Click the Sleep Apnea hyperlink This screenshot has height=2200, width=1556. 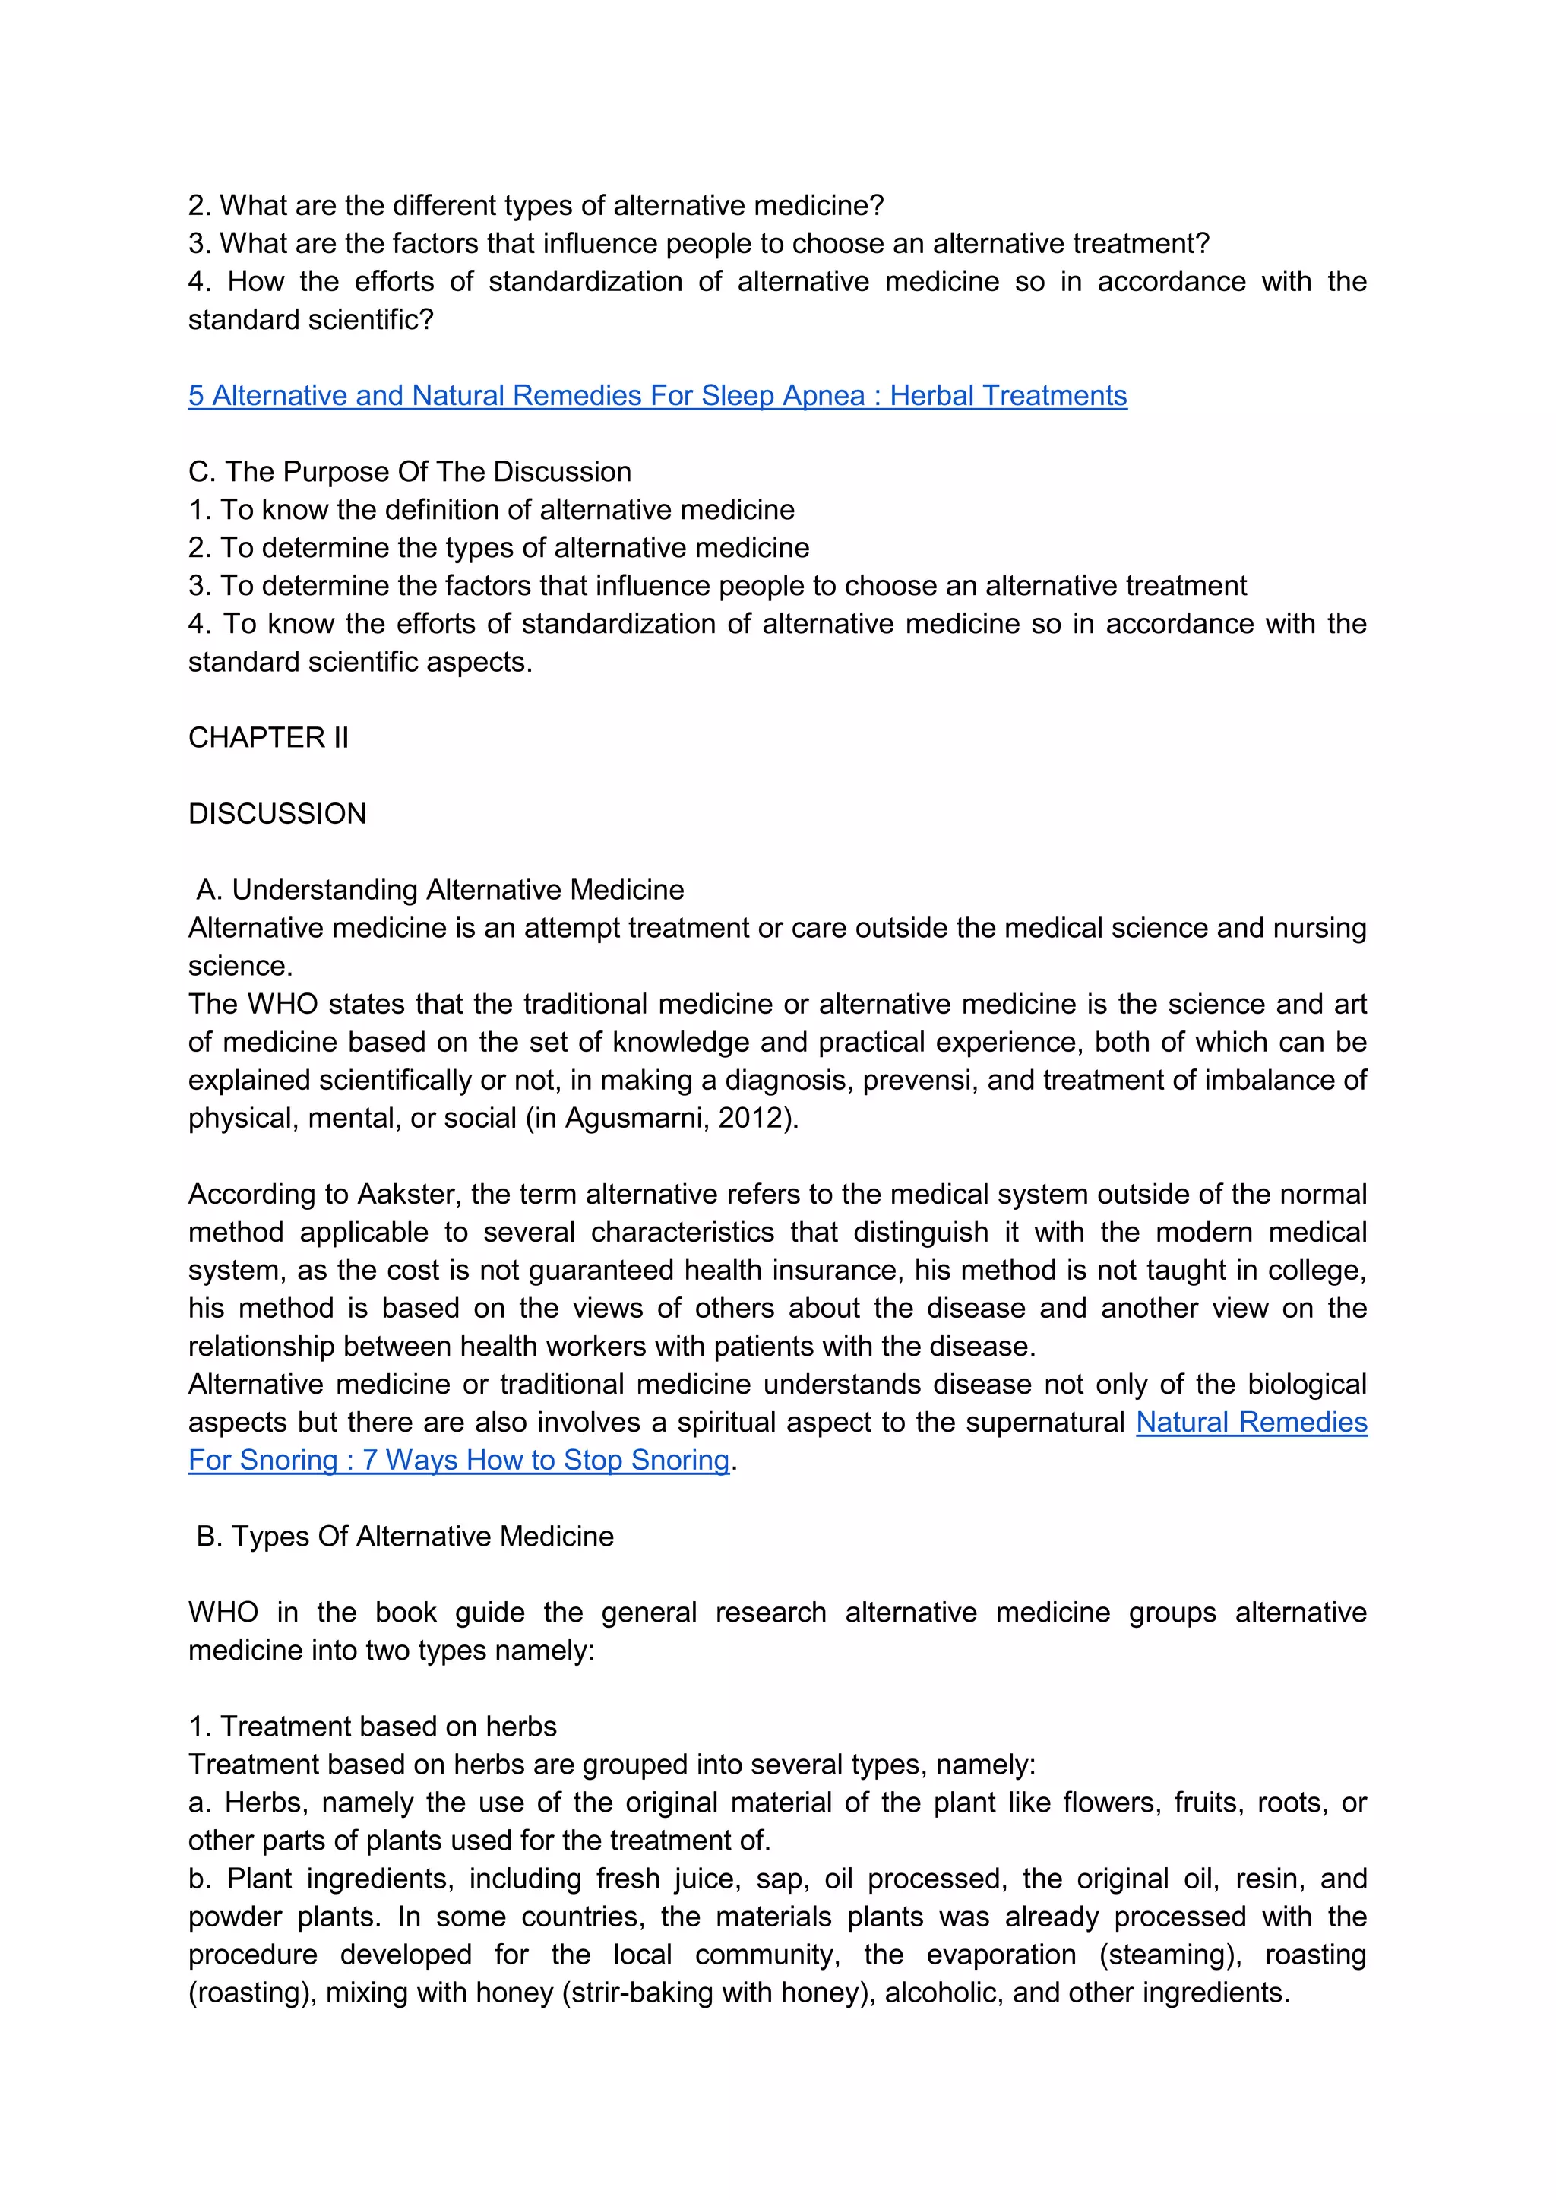pos(657,396)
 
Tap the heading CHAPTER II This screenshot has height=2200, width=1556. pos(268,738)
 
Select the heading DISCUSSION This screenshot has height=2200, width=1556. pos(277,813)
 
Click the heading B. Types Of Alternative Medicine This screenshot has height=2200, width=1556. pos(404,1536)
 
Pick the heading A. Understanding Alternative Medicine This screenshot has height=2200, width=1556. pos(440,890)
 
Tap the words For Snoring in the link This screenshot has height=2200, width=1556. pos(263,1461)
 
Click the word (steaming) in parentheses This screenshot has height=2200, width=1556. pos(1175,1955)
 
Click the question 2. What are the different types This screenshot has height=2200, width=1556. pos(536,205)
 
